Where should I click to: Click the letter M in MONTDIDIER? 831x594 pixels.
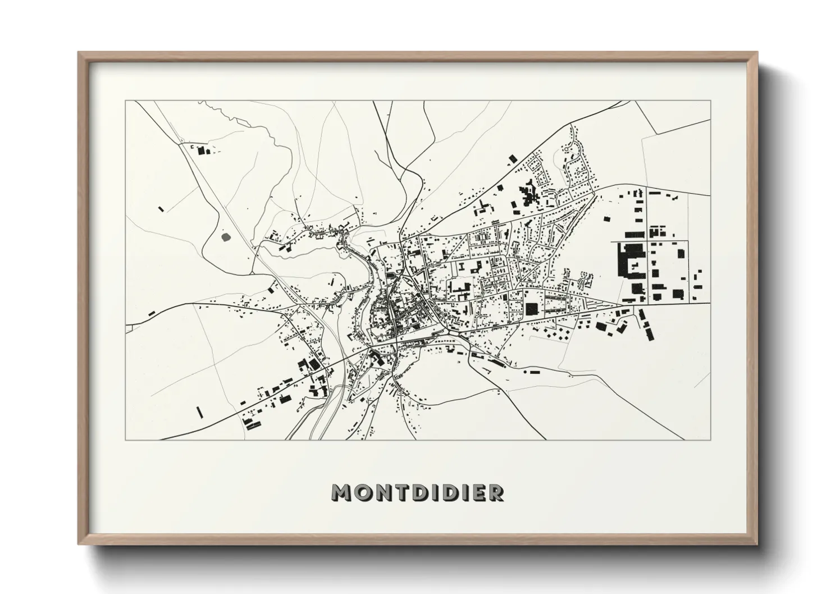pos(343,492)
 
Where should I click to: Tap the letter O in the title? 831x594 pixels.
pos(363,492)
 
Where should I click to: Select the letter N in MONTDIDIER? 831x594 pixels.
pos(382,492)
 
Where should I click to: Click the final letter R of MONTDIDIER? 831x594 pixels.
pos(496,492)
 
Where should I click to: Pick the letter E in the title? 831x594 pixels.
pos(479,492)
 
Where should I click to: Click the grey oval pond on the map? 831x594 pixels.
pos(227,238)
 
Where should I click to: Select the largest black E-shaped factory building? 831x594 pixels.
pos(629,261)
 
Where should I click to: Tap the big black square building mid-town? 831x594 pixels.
pos(532,309)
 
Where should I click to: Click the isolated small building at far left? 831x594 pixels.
pos(162,209)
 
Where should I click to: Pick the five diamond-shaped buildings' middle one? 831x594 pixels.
pos(553,335)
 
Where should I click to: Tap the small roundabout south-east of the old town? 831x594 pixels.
pos(449,336)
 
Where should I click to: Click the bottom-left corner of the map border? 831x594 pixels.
pos(126,440)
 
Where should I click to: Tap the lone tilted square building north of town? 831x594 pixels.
pos(510,159)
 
